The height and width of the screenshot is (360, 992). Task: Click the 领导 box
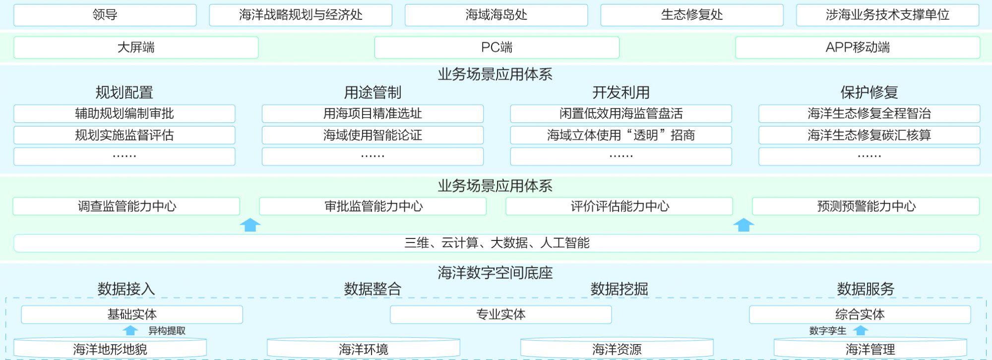point(105,15)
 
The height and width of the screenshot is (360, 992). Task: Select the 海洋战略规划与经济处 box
point(301,15)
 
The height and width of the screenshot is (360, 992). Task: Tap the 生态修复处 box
point(692,15)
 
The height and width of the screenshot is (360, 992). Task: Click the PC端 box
point(496,48)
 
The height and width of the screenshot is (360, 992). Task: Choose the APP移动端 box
point(858,48)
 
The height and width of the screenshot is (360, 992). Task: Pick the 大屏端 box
point(136,48)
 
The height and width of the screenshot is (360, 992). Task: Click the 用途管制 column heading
point(372,92)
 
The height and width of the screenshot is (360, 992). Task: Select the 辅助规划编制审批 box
point(124,114)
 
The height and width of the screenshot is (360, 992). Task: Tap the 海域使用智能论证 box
point(372,135)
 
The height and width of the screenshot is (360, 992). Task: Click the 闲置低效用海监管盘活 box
point(621,114)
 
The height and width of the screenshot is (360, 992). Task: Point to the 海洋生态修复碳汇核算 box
point(869,135)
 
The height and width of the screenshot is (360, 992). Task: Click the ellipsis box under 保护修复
point(869,157)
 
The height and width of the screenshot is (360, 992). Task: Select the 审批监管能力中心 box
point(373,206)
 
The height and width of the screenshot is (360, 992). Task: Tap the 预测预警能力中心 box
point(866,206)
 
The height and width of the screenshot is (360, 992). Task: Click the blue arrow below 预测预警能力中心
point(744,225)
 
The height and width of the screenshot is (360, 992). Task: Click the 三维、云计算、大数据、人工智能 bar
point(496,243)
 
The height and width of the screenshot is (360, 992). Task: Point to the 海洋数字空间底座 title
point(495,273)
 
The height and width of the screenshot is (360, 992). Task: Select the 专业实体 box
point(500,314)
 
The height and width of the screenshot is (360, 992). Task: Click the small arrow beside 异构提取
point(130,330)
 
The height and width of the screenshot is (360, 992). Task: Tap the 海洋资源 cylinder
point(617,349)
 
